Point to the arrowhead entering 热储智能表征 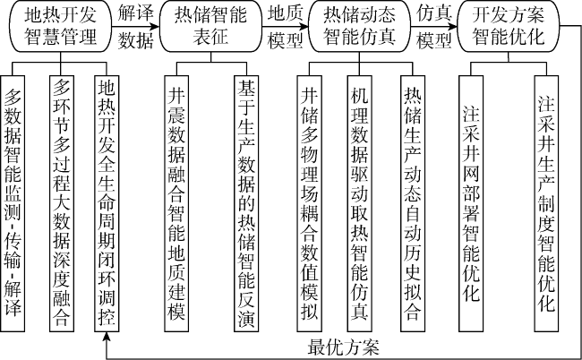pos(155,26)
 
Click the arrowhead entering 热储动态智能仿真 pos(304,26)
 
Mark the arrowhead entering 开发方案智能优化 pos(454,26)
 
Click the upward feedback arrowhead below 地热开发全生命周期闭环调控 pos(107,337)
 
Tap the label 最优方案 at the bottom pos(343,347)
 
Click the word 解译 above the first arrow pos(135,13)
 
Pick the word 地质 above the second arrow pos(285,13)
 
